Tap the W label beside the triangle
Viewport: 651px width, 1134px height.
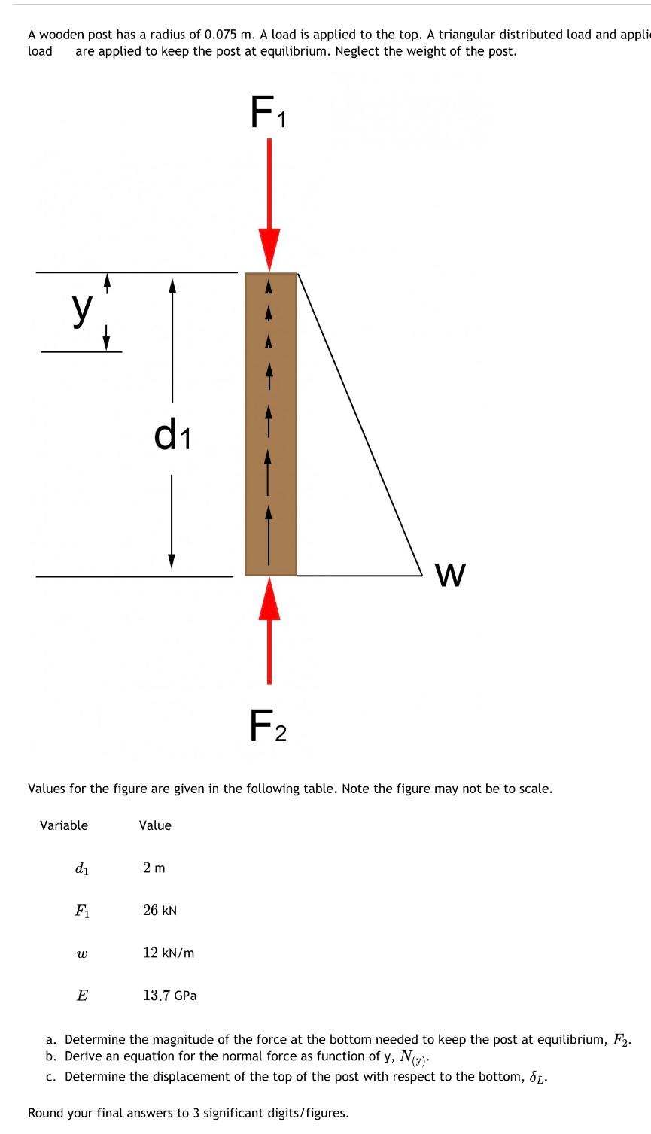click(450, 576)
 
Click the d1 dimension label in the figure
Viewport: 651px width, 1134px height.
click(172, 436)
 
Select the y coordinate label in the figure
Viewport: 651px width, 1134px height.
click(82, 309)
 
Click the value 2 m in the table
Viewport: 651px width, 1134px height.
click(154, 868)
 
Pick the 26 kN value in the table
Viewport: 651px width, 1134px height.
click(160, 910)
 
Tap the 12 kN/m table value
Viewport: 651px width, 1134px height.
click(169, 953)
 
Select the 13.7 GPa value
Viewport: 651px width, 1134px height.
click(170, 996)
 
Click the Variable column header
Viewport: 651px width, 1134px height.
click(64, 825)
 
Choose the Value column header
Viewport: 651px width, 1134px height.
click(155, 825)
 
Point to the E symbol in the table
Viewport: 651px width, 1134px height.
click(82, 996)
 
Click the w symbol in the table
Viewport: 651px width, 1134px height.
click(82, 953)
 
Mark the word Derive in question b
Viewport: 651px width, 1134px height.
click(84, 1056)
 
